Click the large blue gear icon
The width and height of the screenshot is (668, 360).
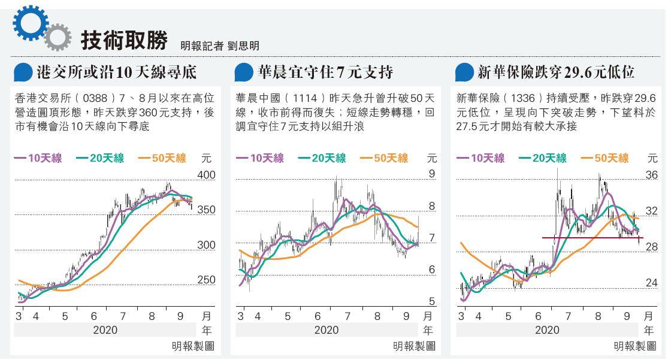click(x=29, y=24)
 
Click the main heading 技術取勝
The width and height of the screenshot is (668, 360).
click(x=124, y=40)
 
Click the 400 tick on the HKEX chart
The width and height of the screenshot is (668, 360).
click(x=205, y=175)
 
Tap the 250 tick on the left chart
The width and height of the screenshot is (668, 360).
click(x=205, y=280)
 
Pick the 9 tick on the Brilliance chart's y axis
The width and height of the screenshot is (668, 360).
click(x=431, y=174)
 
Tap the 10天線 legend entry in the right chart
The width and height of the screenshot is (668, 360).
click(x=480, y=158)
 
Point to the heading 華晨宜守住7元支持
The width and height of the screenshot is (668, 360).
click(x=325, y=72)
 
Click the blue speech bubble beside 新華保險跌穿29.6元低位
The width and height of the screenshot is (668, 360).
click(x=464, y=72)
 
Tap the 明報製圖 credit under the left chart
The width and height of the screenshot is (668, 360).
click(x=192, y=346)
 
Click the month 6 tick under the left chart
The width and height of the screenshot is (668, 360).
click(x=94, y=316)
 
